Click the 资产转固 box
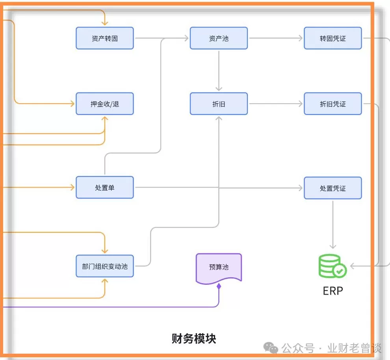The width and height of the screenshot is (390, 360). (x=104, y=38)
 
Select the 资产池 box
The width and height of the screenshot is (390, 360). (x=219, y=38)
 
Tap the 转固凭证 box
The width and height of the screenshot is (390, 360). (x=332, y=38)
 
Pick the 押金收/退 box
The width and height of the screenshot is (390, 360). (x=104, y=104)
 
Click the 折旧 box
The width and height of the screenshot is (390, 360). (x=219, y=104)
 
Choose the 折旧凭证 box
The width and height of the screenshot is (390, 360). (x=332, y=104)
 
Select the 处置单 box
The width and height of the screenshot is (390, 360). (x=104, y=187)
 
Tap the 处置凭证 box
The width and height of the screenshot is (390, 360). (x=332, y=188)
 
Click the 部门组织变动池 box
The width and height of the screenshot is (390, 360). (x=104, y=266)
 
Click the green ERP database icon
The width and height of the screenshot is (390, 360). (x=332, y=266)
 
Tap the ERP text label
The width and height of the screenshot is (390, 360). (x=332, y=291)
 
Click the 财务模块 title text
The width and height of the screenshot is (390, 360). (x=194, y=338)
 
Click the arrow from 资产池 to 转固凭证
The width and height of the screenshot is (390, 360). (x=276, y=38)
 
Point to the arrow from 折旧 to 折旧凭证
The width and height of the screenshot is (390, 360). (x=276, y=104)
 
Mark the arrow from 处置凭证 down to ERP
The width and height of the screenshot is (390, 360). (x=332, y=225)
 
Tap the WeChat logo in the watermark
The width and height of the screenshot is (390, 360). (x=271, y=347)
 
